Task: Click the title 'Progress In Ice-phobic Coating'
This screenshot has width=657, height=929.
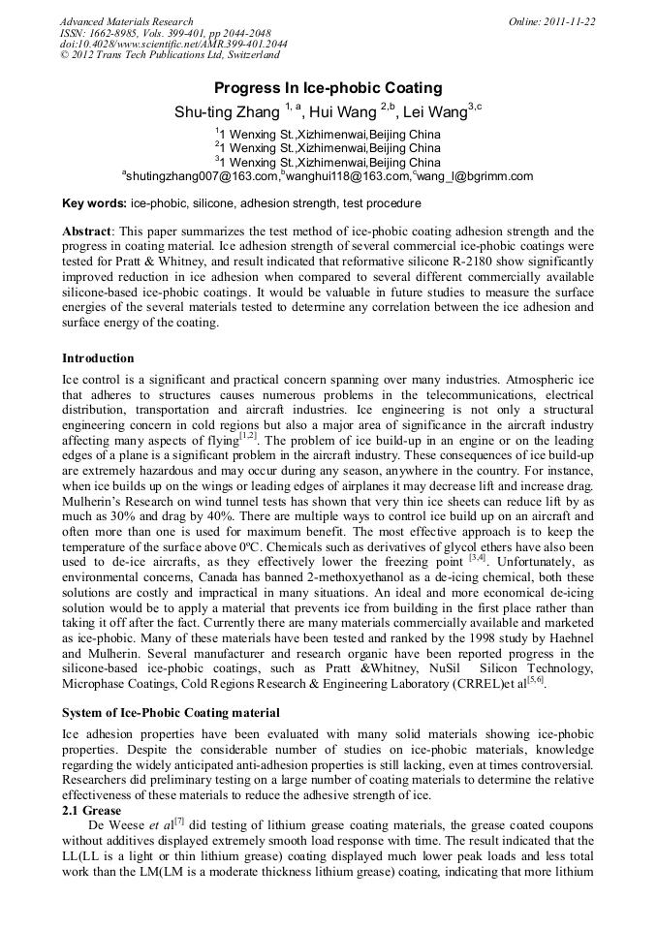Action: tap(328, 88)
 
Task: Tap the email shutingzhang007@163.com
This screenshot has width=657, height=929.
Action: tap(202, 176)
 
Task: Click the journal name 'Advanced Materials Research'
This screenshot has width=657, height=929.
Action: tap(126, 21)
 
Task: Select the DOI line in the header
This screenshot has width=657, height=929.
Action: tap(172, 45)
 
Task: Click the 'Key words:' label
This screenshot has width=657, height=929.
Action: tap(94, 204)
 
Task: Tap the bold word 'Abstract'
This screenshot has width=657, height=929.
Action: tap(87, 232)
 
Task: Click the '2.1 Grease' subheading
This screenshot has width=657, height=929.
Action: tap(92, 810)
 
